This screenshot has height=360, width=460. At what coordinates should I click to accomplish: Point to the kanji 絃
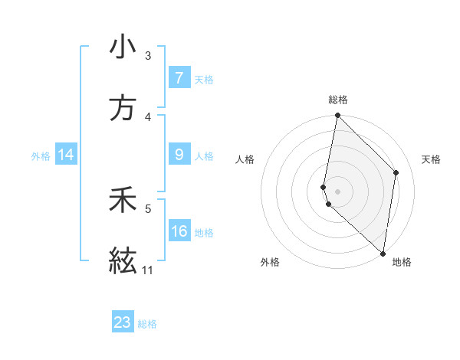(x=123, y=261)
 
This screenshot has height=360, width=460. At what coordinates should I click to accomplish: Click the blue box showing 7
(x=179, y=77)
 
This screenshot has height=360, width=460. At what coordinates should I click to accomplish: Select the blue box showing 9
(x=179, y=155)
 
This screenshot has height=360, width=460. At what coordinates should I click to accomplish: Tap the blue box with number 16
(x=179, y=231)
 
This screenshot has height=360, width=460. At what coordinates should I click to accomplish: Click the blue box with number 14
(x=66, y=155)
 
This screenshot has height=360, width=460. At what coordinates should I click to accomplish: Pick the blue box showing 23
(x=123, y=322)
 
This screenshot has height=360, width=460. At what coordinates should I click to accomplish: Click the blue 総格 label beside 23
(x=147, y=324)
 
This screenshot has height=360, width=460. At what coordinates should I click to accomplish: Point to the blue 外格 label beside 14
(x=41, y=155)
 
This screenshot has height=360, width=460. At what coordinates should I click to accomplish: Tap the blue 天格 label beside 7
(x=204, y=79)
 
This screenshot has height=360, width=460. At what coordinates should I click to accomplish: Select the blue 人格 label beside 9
(x=204, y=155)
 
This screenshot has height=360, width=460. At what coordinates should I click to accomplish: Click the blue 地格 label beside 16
(x=204, y=232)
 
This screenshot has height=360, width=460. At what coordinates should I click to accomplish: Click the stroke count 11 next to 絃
(x=147, y=270)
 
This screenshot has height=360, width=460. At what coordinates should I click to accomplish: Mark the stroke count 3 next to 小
(x=147, y=55)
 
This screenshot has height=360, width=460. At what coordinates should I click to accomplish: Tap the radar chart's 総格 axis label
(x=338, y=100)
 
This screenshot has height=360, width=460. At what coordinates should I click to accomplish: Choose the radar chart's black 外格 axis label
(x=270, y=262)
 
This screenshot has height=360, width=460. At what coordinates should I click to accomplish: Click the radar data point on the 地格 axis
(x=383, y=253)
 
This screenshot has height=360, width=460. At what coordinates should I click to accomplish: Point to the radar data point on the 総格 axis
(x=337, y=116)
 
